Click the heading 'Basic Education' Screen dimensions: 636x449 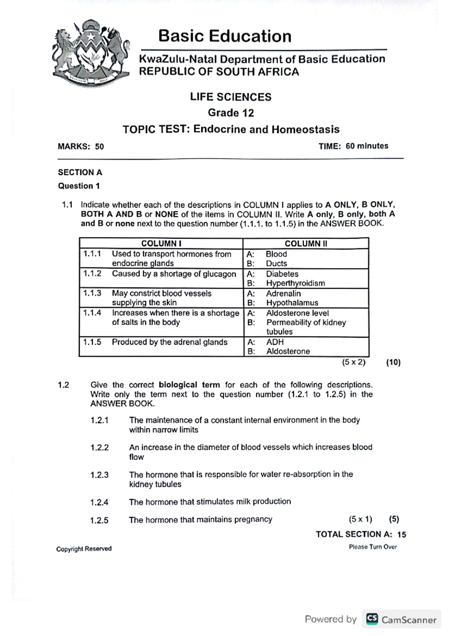(224, 36)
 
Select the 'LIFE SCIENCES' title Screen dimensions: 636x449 (230, 97)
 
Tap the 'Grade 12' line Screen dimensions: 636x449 (230, 113)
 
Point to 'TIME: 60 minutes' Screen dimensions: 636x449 (353, 146)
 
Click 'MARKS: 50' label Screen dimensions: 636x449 (81, 146)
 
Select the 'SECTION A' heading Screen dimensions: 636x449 (80, 172)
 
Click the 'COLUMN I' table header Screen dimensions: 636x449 (161, 243)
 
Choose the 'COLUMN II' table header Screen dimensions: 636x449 (306, 243)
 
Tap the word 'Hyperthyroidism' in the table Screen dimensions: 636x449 (295, 283)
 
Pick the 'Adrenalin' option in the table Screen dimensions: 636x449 (283, 293)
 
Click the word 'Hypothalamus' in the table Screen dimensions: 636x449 (292, 303)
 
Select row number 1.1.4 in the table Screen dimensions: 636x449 (92, 313)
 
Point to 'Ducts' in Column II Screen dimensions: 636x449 (276, 263)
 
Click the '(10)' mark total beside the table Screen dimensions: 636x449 (393, 362)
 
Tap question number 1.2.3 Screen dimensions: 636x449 (100, 475)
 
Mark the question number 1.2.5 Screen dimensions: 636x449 (100, 520)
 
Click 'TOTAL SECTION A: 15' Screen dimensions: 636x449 (361, 534)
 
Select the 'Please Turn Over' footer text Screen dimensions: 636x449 (373, 547)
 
